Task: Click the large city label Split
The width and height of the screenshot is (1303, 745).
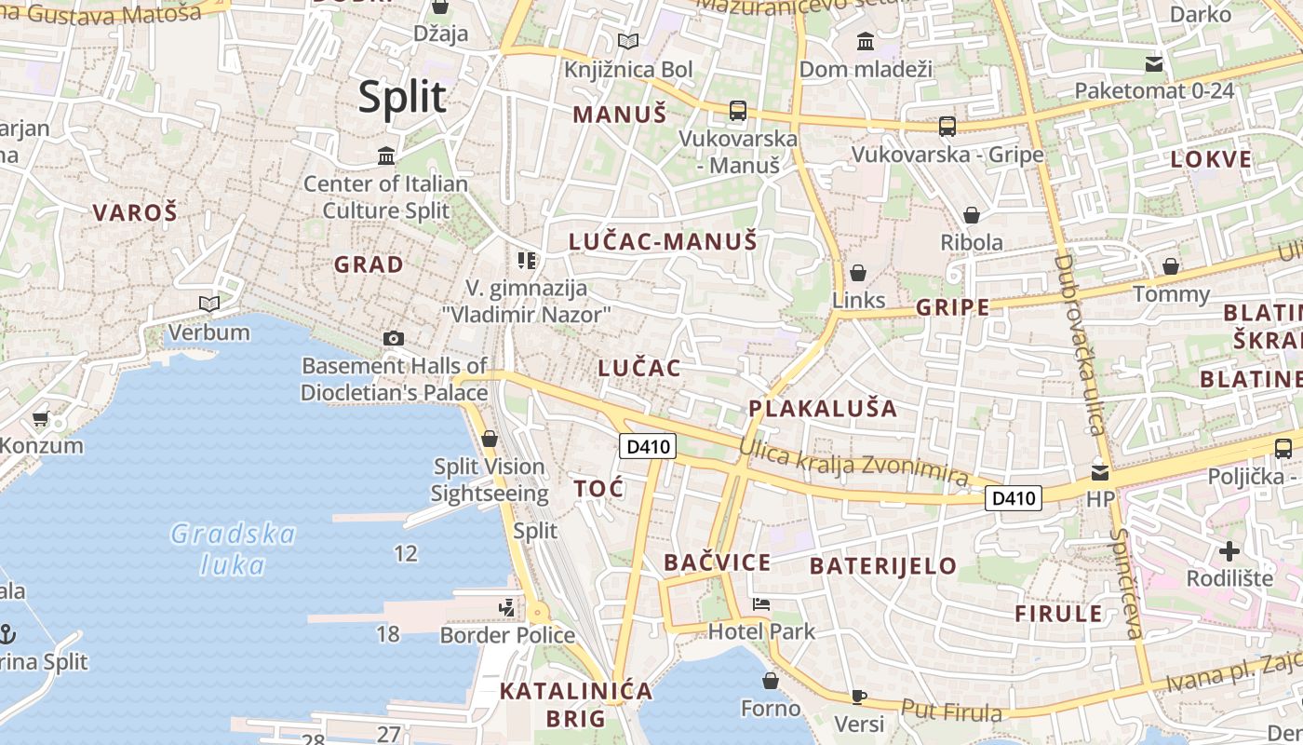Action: coord(402,97)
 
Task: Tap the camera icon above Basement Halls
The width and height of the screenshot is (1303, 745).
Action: coord(394,339)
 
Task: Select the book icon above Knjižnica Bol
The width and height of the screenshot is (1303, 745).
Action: coord(628,41)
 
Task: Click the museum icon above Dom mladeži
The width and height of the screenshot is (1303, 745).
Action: coord(866,41)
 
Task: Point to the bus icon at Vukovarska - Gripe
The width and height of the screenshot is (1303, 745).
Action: coord(947,127)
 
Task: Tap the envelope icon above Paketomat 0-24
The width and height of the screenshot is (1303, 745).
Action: coord(1154,64)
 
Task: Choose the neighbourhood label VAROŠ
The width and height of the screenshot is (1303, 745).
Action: coord(135,212)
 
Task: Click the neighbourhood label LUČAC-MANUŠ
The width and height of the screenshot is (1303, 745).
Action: coord(663,242)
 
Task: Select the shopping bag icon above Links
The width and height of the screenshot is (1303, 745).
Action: coord(858,273)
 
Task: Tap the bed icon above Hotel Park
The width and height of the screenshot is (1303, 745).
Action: coord(761,603)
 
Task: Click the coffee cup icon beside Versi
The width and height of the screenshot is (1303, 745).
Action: coord(859,697)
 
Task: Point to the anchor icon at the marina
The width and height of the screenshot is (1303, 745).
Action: coord(7,634)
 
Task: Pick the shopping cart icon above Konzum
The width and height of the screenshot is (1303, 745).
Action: coord(40,419)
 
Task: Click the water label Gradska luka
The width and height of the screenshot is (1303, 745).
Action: coord(233,549)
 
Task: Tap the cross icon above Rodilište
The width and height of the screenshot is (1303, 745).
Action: coord(1229,550)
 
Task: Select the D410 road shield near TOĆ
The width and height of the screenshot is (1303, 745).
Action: coord(648,446)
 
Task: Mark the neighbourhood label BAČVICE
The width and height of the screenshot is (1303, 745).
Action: coord(717,562)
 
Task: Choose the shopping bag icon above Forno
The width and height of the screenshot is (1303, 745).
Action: coord(770,681)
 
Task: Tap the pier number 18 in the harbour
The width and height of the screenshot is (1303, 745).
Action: coord(387,634)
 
